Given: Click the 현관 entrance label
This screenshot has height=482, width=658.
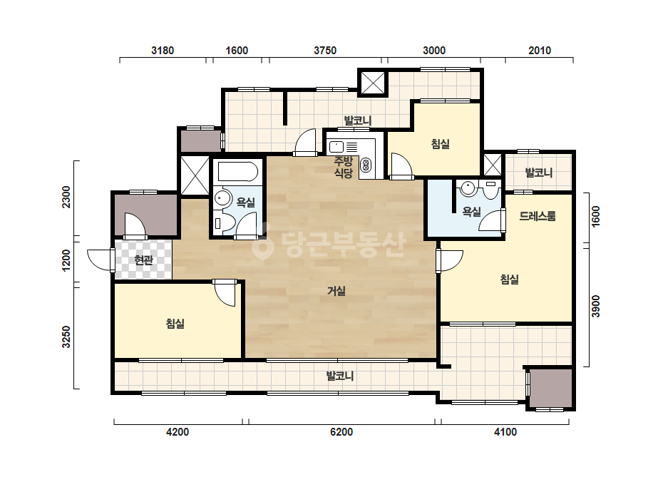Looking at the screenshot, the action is tap(143, 260).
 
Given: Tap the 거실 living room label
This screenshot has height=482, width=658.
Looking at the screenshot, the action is tap(336, 290).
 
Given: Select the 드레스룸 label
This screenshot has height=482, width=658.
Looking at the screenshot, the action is tap(538, 216).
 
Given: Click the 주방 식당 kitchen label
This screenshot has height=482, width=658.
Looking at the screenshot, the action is tap(344, 167).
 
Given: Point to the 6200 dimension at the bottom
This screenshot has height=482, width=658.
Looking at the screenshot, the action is tap(341, 431).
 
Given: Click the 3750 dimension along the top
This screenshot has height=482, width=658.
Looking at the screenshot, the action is tap(325, 51).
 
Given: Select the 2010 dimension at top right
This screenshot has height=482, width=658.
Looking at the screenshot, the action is tap(540, 51).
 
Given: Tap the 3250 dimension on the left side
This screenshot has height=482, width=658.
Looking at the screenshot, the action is tap(66, 337).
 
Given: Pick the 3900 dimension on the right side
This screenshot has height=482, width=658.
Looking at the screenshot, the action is tap(595, 306).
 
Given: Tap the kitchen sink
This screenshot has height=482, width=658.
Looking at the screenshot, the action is tap(336, 147).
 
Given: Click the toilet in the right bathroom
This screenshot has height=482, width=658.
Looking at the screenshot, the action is tap(490, 190).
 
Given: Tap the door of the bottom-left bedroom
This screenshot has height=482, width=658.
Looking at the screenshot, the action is tap(225, 292).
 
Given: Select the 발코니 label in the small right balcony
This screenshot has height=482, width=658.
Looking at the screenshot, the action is tap(539, 173).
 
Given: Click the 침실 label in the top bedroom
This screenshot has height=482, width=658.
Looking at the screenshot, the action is tap(441, 144).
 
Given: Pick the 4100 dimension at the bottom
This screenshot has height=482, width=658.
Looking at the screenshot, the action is tap(505, 431).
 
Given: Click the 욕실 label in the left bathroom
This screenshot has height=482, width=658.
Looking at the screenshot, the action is tap(246, 202).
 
